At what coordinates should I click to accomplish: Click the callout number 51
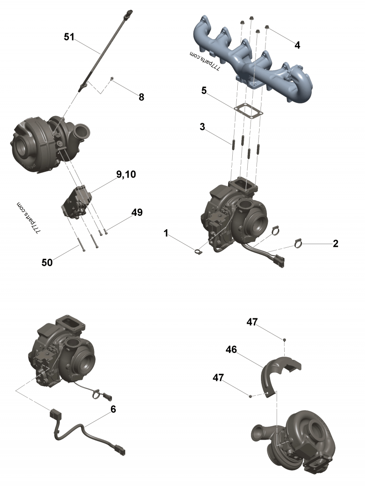[x=69, y=37]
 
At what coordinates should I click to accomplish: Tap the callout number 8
[x=141, y=97]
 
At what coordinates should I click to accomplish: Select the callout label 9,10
[x=126, y=174]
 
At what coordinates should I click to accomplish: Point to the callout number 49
[x=137, y=212]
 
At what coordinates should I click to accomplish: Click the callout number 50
[x=47, y=262]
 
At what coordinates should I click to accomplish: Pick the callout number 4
[x=297, y=45]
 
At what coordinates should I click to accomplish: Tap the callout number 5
[x=204, y=91]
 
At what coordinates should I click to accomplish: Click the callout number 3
[x=203, y=127]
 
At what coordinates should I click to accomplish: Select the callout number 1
[x=166, y=233]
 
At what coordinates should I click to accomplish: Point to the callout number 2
[x=335, y=244]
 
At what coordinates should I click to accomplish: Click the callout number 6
[x=113, y=409]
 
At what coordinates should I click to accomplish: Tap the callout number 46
[x=231, y=350]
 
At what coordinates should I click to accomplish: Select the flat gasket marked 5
[x=248, y=111]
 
